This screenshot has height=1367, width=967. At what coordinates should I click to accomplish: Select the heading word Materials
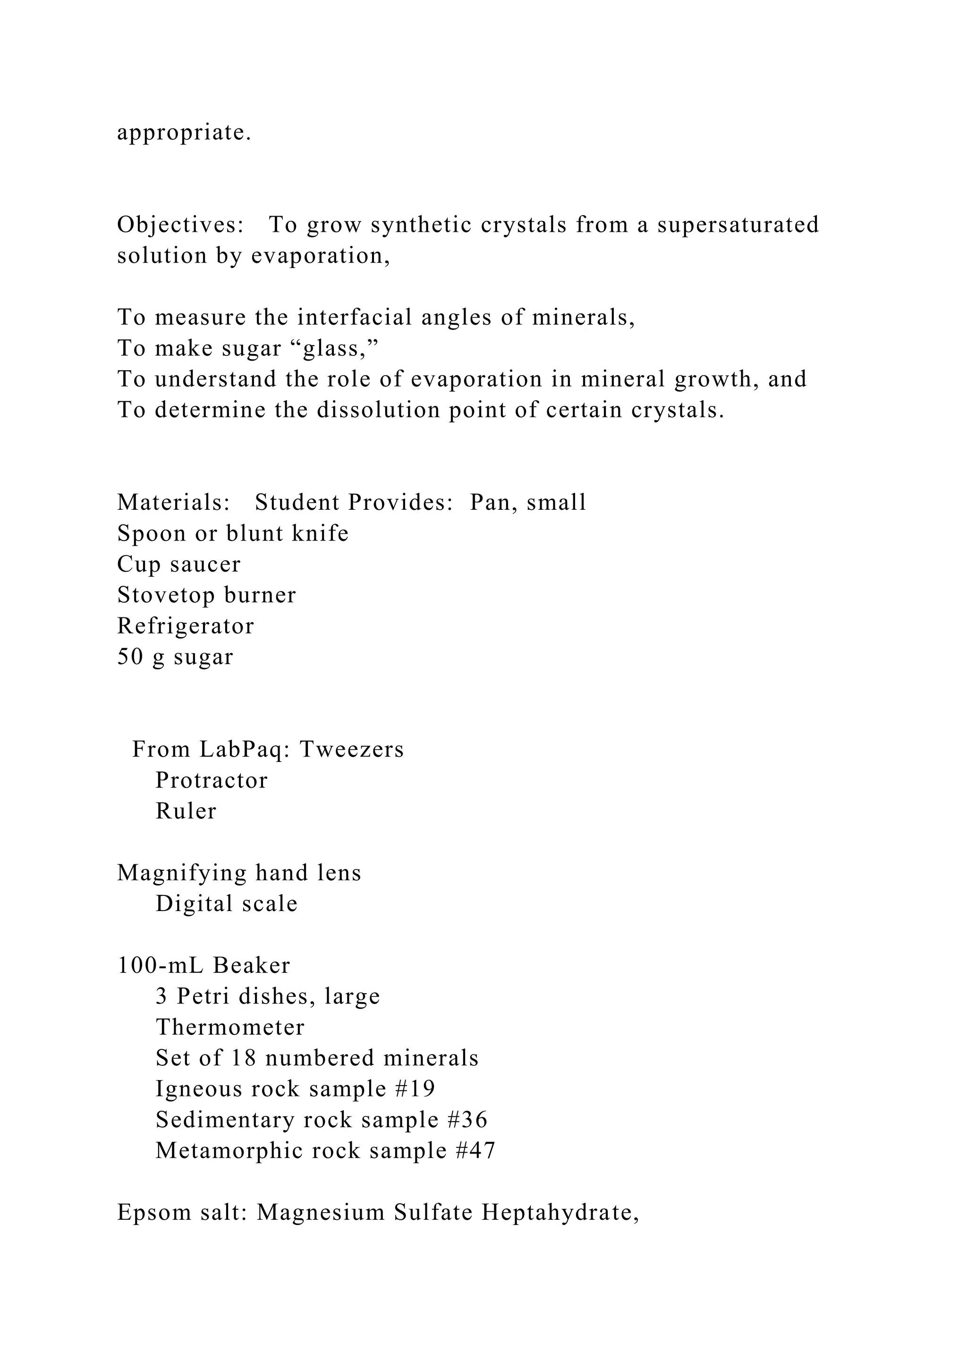[173, 503]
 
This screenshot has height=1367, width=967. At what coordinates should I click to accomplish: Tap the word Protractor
[212, 781]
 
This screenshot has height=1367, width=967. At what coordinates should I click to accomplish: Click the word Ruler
[186, 811]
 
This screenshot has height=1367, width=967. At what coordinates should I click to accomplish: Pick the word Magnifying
[182, 873]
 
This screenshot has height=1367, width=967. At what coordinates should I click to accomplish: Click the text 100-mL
[161, 966]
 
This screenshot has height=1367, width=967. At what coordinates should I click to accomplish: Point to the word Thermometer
[230, 1028]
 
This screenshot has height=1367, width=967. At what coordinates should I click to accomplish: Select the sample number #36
[472, 1120]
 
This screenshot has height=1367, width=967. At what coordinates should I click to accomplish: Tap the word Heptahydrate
[560, 1213]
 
